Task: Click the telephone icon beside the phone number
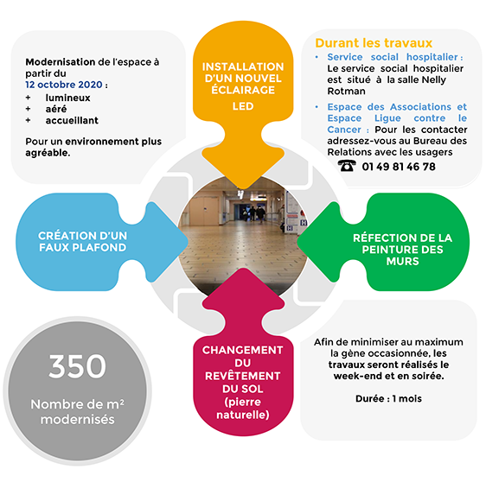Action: [347, 166]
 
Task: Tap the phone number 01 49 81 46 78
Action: [399, 167]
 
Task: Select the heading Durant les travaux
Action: [374, 43]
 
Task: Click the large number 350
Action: [77, 366]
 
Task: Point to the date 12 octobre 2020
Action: [64, 85]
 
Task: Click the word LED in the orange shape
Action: [243, 106]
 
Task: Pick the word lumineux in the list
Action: [67, 98]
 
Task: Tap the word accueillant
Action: [72, 120]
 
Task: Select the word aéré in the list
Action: [56, 109]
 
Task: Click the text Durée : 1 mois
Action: [388, 399]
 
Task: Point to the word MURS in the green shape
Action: [402, 261]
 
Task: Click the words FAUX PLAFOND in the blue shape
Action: [82, 248]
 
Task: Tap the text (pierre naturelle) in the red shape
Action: [243, 409]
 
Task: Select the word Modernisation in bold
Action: [61, 62]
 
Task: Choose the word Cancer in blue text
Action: [344, 130]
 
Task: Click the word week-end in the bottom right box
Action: [352, 376]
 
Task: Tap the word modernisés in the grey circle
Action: [78, 420]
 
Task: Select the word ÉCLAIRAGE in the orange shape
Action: [243, 90]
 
